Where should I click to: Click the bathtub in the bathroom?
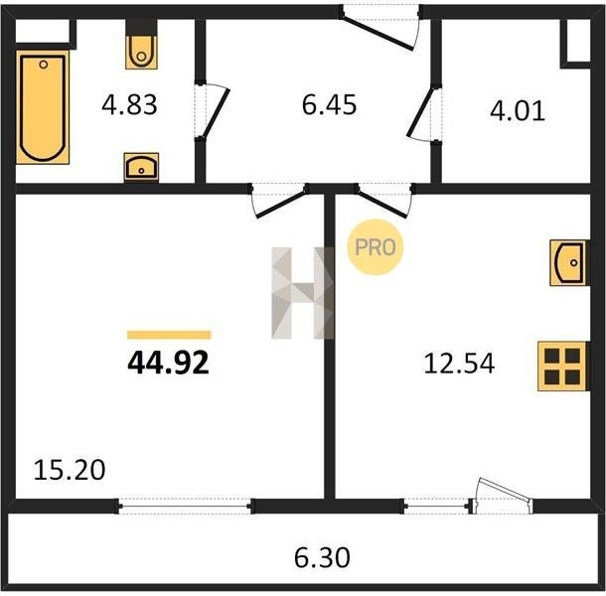click(x=43, y=107)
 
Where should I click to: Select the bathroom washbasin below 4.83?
click(x=141, y=167)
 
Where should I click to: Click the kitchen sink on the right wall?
click(x=569, y=263)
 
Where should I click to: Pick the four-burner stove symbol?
click(x=562, y=366)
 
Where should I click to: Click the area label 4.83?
click(x=129, y=104)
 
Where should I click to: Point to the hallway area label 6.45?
click(x=329, y=104)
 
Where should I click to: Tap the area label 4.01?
click(x=518, y=110)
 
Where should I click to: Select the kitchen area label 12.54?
click(x=459, y=364)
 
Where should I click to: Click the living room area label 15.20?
click(x=70, y=470)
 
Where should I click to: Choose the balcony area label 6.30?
click(x=322, y=557)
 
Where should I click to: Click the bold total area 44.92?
click(x=169, y=363)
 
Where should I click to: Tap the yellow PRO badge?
click(x=375, y=247)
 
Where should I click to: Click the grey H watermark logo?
click(x=303, y=293)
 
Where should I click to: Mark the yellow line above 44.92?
click(x=169, y=335)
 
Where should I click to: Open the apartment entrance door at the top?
click(x=378, y=34)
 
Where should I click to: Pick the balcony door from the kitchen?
click(x=503, y=497)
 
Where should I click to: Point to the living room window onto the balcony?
click(x=186, y=506)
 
